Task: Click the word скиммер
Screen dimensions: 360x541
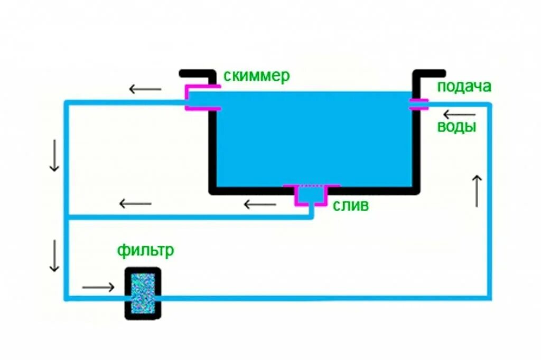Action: coord(257,77)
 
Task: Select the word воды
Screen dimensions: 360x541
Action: coord(456,127)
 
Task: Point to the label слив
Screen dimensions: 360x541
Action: coord(351,205)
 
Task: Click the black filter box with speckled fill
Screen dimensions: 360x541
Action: coord(143,293)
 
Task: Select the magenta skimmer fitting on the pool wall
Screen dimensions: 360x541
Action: coord(201,98)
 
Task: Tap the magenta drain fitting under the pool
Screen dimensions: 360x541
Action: coord(312,194)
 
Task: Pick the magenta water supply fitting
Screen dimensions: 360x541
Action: coord(419,104)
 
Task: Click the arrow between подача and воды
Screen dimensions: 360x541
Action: coord(459,115)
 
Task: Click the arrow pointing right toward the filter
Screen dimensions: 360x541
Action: coord(98,287)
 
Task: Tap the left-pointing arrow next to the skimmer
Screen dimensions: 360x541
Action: coord(145,89)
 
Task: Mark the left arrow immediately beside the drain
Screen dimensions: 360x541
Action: coord(260,203)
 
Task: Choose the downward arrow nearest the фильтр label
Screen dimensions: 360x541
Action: coord(54,256)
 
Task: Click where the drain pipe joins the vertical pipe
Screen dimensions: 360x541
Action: coord(67,216)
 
